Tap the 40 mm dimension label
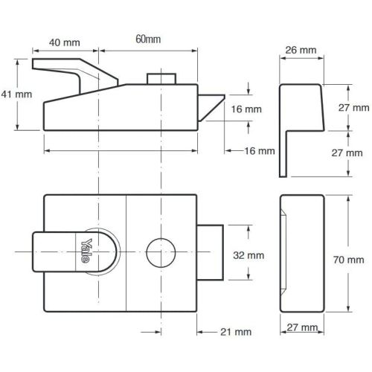click(x=64, y=42)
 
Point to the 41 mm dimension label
click(x=16, y=94)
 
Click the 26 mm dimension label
click(x=301, y=50)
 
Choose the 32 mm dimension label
click(x=248, y=254)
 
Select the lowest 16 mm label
click(x=260, y=151)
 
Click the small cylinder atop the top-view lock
click(x=161, y=79)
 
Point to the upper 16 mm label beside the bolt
click(x=248, y=109)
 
